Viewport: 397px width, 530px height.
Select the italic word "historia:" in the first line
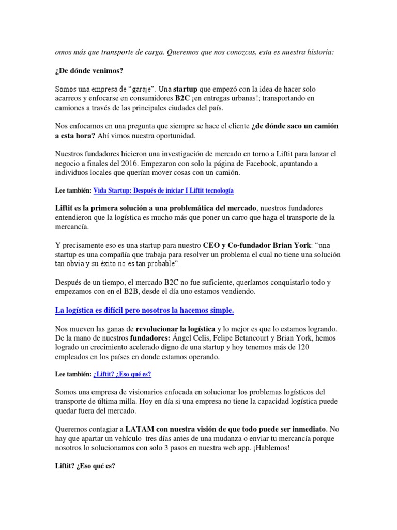318,52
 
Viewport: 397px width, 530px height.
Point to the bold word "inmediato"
305,429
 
